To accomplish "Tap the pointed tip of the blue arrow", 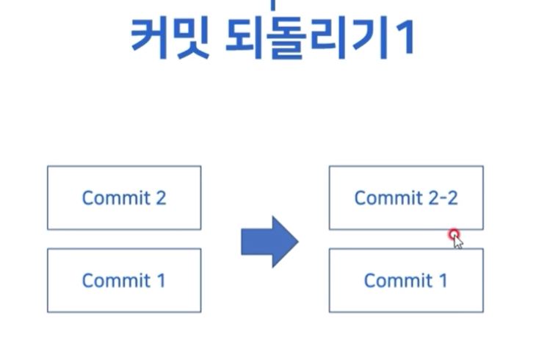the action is [x=296, y=242].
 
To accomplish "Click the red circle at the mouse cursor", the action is [x=455, y=234].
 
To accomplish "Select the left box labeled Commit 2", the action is [x=124, y=198].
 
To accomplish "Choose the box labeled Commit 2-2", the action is [x=406, y=198].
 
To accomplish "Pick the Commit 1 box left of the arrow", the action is [x=124, y=280].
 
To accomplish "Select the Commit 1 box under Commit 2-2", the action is [x=406, y=280].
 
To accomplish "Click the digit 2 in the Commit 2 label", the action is [x=160, y=198].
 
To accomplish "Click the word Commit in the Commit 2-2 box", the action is [x=387, y=198].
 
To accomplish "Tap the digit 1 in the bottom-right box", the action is [x=442, y=280].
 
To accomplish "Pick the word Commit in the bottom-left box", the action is [x=115, y=280].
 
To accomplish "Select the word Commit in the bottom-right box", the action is [x=397, y=280].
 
